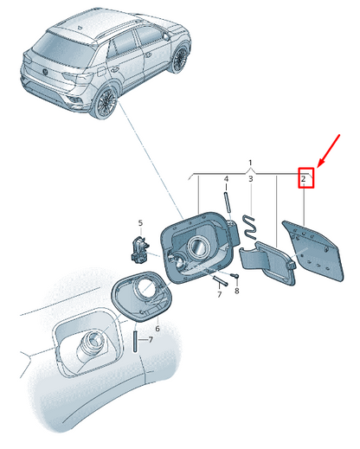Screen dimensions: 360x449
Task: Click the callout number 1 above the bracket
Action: [x=250, y=163]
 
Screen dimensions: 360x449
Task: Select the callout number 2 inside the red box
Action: [x=303, y=179]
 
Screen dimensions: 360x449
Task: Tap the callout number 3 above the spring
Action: [x=251, y=179]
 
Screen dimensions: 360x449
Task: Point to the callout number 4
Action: [x=226, y=179]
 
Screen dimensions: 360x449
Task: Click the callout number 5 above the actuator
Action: [x=140, y=223]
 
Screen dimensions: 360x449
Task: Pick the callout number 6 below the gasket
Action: [x=157, y=329]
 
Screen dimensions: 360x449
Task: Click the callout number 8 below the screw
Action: [x=237, y=291]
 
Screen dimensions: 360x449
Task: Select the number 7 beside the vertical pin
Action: [x=151, y=340]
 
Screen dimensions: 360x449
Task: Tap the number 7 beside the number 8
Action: [x=220, y=294]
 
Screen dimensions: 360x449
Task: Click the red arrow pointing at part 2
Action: [x=329, y=151]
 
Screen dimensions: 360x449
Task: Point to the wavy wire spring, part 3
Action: [x=250, y=228]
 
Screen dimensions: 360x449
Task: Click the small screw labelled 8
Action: [x=235, y=276]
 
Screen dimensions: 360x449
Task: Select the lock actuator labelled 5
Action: [x=140, y=248]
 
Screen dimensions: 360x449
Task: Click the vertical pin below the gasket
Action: [x=134, y=341]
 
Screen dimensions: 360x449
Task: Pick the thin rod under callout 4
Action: [x=226, y=202]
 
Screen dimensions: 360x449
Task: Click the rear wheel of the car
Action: [x=106, y=102]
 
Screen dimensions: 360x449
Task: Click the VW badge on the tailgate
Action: [x=46, y=72]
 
